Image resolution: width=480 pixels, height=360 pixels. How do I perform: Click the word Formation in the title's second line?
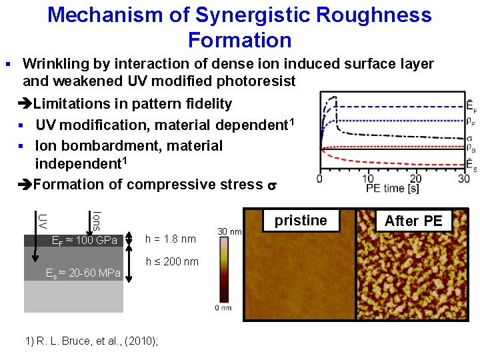pos(240,40)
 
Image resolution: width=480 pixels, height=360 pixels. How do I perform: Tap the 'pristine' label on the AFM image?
pos(301,221)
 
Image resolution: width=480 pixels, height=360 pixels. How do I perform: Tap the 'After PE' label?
pos(413,221)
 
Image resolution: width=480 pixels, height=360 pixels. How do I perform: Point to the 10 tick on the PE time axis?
pos(367,178)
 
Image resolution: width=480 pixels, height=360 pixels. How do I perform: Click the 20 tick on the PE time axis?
pos(415,178)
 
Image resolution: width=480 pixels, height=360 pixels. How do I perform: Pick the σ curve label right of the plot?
pos(471,139)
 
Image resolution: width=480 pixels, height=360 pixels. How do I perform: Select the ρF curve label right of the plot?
pos(471,121)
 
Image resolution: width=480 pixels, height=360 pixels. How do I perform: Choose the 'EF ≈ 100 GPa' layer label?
pos(85,240)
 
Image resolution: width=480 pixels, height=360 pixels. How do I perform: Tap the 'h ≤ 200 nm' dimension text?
pos(172,261)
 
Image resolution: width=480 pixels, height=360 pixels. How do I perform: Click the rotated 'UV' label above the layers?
pos(42,220)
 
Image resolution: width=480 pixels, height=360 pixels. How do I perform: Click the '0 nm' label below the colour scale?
pos(223,307)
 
